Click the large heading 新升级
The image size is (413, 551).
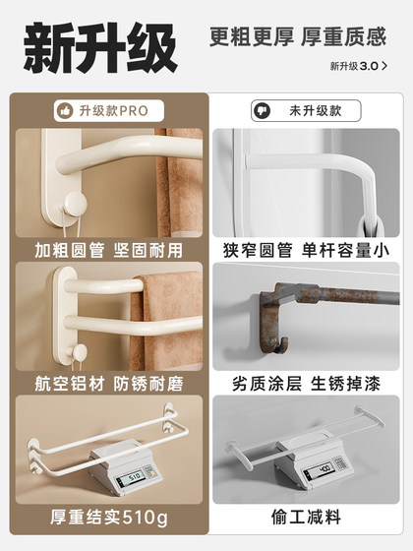[x=100, y=46]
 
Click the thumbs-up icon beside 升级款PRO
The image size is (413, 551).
[x=66, y=110]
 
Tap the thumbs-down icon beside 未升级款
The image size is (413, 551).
[x=262, y=110]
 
